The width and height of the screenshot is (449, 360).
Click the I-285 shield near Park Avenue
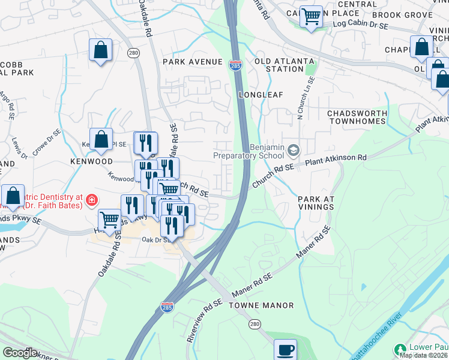[235, 65]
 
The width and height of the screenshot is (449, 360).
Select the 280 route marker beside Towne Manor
[255, 324]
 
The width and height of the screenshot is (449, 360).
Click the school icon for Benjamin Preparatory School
[294, 149]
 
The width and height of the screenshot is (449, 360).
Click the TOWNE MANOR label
[261, 305]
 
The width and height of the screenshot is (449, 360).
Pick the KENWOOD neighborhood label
[91, 162]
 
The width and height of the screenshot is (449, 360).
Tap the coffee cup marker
[285, 349]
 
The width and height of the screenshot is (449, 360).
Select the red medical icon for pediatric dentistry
[91, 200]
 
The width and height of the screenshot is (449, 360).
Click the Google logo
[19, 352]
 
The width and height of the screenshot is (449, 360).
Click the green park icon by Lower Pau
[400, 349]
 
